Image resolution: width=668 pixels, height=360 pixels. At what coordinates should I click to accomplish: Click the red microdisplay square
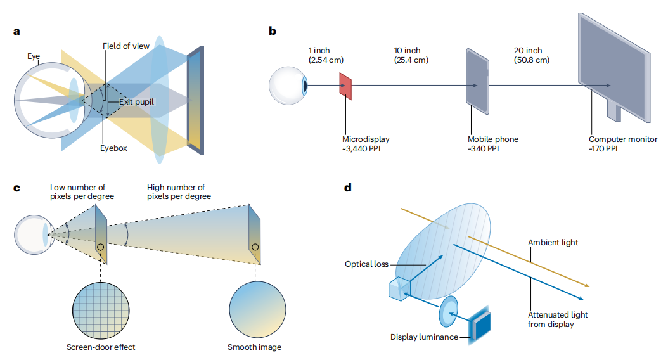point(345,86)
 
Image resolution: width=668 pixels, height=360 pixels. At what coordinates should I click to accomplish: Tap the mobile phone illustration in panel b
point(478,81)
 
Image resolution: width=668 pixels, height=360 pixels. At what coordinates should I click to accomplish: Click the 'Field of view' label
point(126,46)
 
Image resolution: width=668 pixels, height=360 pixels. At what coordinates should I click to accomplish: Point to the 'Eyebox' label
point(113,148)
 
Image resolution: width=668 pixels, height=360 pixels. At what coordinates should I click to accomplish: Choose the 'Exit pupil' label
point(136,102)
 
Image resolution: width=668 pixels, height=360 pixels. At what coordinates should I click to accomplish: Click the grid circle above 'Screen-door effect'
point(101,310)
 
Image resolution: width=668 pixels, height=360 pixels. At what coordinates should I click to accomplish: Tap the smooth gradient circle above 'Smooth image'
point(257,310)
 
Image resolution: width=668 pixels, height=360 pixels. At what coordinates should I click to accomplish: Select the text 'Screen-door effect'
point(101,347)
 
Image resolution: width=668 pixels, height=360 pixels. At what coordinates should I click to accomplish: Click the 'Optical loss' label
point(366,264)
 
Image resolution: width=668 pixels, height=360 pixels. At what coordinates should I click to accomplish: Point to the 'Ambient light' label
point(553,242)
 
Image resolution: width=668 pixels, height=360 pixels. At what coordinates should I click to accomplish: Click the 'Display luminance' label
point(425,337)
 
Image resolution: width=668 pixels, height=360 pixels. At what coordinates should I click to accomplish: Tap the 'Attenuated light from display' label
point(558,319)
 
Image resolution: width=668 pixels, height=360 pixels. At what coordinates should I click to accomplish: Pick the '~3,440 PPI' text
point(361,149)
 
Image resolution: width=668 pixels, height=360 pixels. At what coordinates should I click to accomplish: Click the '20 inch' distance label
point(528,50)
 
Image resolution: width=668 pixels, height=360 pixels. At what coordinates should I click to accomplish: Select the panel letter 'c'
point(16,188)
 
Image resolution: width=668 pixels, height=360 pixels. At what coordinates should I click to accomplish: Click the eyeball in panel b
point(288,86)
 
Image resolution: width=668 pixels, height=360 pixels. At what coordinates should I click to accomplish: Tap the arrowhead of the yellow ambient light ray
point(587,285)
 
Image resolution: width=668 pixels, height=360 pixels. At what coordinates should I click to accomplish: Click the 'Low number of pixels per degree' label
point(82,191)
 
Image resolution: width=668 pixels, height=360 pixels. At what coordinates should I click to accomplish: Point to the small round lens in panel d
point(449,311)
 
